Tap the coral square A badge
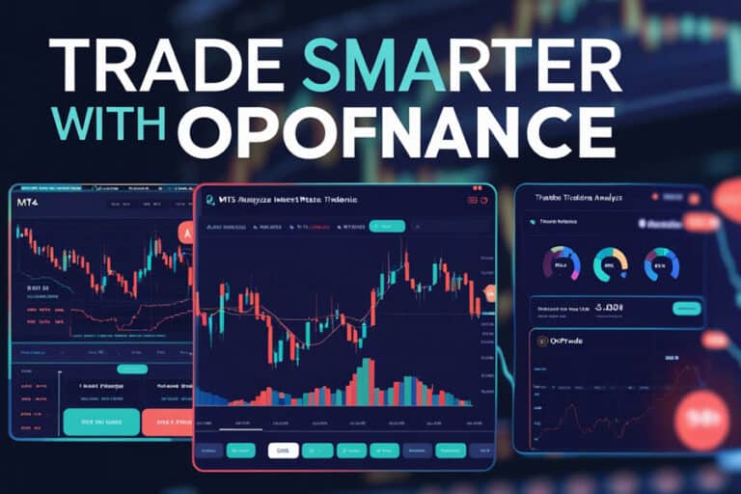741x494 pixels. tap(184, 232)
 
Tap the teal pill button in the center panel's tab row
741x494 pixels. tap(385, 226)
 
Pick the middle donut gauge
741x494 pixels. tap(610, 263)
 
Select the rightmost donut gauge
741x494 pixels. tap(662, 263)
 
